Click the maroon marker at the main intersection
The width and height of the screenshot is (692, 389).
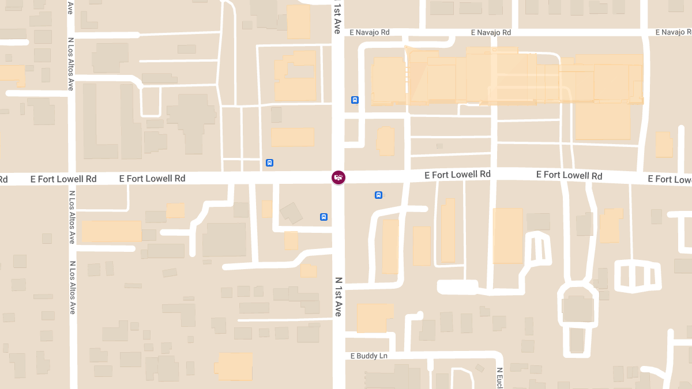coord(339,177)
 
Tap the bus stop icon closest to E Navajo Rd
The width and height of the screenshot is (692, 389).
coord(355,100)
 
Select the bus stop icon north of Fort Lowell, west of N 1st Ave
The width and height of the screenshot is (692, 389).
coord(269,163)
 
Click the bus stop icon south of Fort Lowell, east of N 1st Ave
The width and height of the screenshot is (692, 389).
coord(378,195)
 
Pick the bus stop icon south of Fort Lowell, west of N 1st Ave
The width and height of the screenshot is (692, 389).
coord(324,217)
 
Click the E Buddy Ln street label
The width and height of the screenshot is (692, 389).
coord(369,356)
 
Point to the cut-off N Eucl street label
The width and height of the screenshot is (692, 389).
coord(500,377)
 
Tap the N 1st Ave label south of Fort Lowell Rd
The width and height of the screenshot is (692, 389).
coord(339,296)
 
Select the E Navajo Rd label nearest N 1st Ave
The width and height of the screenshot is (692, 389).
coord(370,33)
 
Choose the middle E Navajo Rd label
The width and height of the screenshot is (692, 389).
coord(491,33)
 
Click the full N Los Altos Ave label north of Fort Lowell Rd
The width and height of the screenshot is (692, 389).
coord(71,64)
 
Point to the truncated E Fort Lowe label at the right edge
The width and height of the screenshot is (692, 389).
coord(670,179)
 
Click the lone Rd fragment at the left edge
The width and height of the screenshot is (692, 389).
coord(3,179)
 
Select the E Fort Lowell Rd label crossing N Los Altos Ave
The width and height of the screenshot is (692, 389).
coord(63,179)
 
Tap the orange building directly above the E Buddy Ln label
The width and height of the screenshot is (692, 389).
coord(375,318)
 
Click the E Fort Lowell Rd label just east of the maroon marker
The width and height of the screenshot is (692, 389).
coord(457,174)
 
